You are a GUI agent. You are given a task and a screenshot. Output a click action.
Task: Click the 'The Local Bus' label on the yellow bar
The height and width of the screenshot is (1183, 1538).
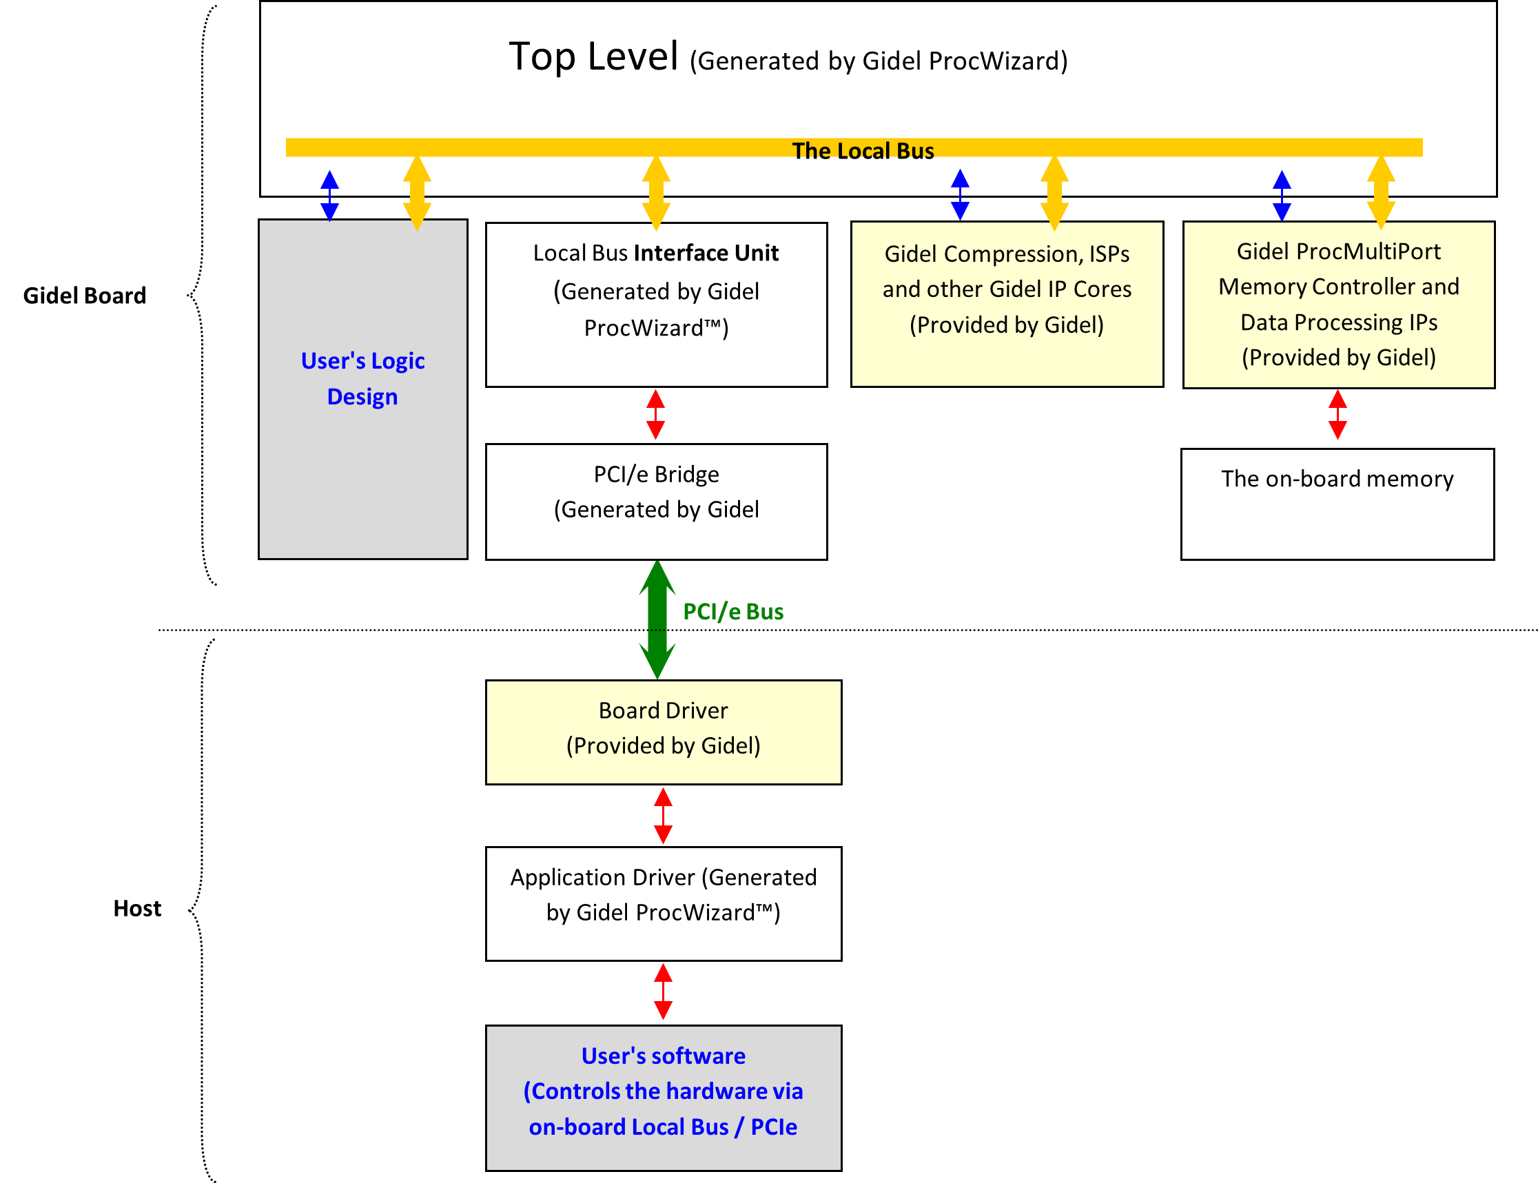click(x=863, y=150)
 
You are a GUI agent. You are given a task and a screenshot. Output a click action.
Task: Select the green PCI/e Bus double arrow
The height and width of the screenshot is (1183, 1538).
click(x=657, y=619)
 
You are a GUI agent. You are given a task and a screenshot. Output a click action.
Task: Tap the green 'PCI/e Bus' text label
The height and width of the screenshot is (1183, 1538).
click(x=733, y=612)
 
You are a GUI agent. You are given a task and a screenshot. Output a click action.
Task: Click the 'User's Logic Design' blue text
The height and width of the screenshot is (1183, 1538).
click(x=362, y=378)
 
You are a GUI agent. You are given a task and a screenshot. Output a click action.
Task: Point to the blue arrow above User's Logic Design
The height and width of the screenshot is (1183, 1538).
click(x=329, y=195)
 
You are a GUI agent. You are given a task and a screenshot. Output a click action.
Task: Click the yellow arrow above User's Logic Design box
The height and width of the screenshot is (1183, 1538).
click(x=417, y=193)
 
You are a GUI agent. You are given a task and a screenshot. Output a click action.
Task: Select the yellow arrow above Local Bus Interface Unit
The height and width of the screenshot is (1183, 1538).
click(x=656, y=193)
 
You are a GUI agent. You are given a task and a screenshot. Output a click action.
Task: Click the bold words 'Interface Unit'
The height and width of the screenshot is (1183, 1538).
click(x=706, y=253)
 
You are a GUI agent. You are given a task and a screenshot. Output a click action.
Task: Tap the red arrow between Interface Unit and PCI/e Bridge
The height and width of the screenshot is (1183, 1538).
click(x=655, y=414)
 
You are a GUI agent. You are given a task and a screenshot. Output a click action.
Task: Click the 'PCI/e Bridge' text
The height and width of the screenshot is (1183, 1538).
click(x=656, y=474)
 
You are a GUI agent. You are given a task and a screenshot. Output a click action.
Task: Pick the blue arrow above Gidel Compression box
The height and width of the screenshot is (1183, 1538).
click(x=960, y=194)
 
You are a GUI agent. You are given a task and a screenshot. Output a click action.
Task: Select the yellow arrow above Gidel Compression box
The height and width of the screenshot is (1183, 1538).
click(x=1054, y=193)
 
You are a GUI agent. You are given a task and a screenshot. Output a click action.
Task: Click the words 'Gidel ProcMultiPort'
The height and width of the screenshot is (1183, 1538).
click(x=1338, y=251)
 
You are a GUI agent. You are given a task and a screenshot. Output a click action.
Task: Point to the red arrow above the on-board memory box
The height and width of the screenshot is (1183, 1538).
click(x=1337, y=414)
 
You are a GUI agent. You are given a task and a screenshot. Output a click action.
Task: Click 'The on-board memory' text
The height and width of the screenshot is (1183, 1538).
click(x=1337, y=479)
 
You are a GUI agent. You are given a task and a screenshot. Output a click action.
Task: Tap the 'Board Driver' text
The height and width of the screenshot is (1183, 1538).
click(x=663, y=710)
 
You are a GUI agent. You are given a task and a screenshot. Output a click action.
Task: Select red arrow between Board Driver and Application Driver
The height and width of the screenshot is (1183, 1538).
click(x=663, y=816)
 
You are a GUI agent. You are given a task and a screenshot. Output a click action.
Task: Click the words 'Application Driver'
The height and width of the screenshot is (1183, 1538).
click(x=602, y=877)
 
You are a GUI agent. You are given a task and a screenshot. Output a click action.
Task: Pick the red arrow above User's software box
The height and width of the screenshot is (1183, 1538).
click(x=663, y=991)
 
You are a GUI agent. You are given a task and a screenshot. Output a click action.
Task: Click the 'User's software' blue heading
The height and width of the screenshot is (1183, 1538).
click(x=663, y=1056)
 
